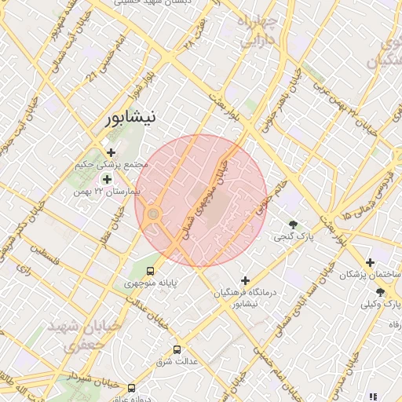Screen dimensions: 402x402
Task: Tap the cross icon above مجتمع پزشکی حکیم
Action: click(x=111, y=152)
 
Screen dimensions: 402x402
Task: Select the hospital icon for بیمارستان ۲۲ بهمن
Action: click(x=108, y=179)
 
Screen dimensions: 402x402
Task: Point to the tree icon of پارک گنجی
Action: click(x=293, y=225)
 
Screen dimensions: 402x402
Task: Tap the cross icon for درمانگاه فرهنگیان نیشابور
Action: click(x=246, y=280)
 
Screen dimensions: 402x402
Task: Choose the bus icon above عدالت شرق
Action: click(x=176, y=349)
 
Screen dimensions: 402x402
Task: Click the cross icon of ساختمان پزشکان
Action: click(x=371, y=263)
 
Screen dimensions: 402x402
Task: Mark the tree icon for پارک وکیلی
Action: click(x=380, y=292)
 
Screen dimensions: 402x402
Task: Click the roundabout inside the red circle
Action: click(x=154, y=214)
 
